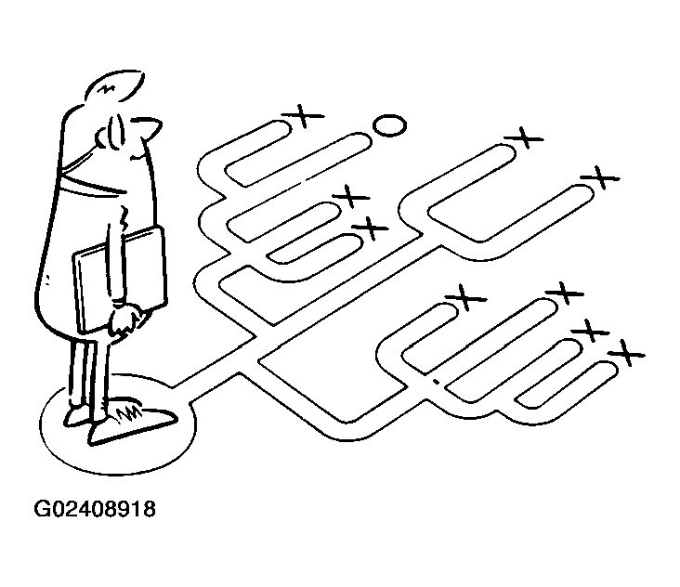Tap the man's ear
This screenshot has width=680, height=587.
click(x=102, y=138)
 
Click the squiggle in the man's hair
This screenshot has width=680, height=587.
click(x=106, y=89)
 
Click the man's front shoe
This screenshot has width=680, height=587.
click(x=131, y=424)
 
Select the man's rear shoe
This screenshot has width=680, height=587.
click(x=77, y=416)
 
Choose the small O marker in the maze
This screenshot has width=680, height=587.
click(x=390, y=125)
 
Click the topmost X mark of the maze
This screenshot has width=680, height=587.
click(x=303, y=116)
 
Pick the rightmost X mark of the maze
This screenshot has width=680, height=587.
click(x=626, y=353)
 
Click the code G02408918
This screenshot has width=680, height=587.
click(x=95, y=509)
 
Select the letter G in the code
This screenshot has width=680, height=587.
click(x=42, y=509)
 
